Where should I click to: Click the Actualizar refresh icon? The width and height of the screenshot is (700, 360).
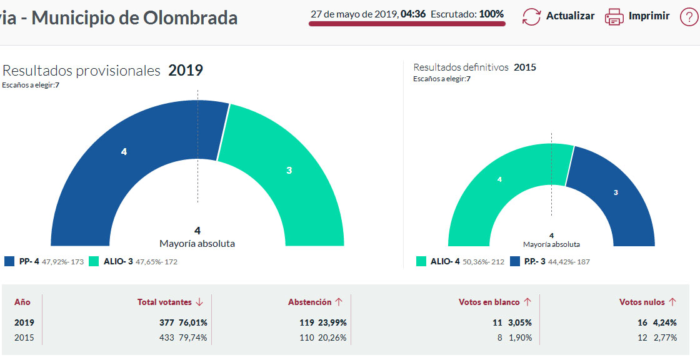pos(531,16)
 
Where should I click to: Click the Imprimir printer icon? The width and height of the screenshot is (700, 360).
pos(614,16)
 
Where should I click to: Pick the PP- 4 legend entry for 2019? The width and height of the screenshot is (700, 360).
pos(25,261)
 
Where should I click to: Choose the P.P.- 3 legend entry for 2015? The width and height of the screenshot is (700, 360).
pos(534,261)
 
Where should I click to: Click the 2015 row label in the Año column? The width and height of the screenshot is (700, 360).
pos(24,337)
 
